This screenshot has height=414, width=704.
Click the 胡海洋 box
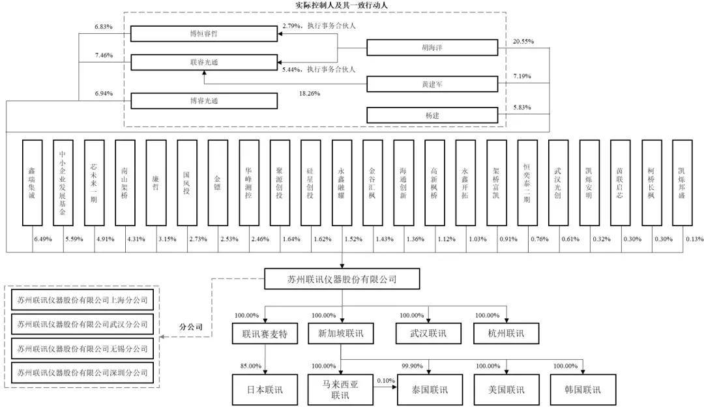click(x=432, y=48)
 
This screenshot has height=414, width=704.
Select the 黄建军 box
click(x=432, y=84)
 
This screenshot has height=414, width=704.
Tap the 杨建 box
click(x=432, y=115)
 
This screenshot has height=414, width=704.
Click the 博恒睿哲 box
click(x=204, y=34)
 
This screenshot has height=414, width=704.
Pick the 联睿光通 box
click(x=204, y=63)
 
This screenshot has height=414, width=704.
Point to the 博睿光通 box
click(x=204, y=101)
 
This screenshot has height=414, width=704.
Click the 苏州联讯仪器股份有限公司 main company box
click(x=342, y=279)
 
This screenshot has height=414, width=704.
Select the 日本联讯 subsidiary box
click(x=265, y=390)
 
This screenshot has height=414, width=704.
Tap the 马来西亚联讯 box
click(x=340, y=390)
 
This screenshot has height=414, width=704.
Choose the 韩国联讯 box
click(x=583, y=390)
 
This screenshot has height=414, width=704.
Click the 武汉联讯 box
click(x=428, y=334)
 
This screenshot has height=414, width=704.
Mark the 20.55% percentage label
click(x=523, y=41)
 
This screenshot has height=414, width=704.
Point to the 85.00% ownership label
click(x=250, y=366)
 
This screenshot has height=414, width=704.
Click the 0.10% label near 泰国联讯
click(x=386, y=381)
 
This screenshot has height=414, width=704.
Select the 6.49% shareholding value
click(x=43, y=239)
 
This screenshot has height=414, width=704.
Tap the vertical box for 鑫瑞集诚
click(x=33, y=183)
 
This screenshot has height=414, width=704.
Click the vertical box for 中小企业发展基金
click(x=63, y=183)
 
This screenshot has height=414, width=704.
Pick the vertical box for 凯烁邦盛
click(x=682, y=183)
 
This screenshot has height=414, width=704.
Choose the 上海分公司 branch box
click(x=83, y=300)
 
